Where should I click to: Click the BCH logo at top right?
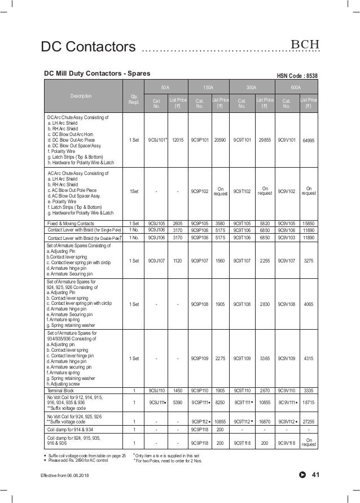(305, 45)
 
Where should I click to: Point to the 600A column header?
(295, 88)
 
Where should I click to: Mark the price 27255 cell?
(308, 422)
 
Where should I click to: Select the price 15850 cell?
(308, 224)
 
